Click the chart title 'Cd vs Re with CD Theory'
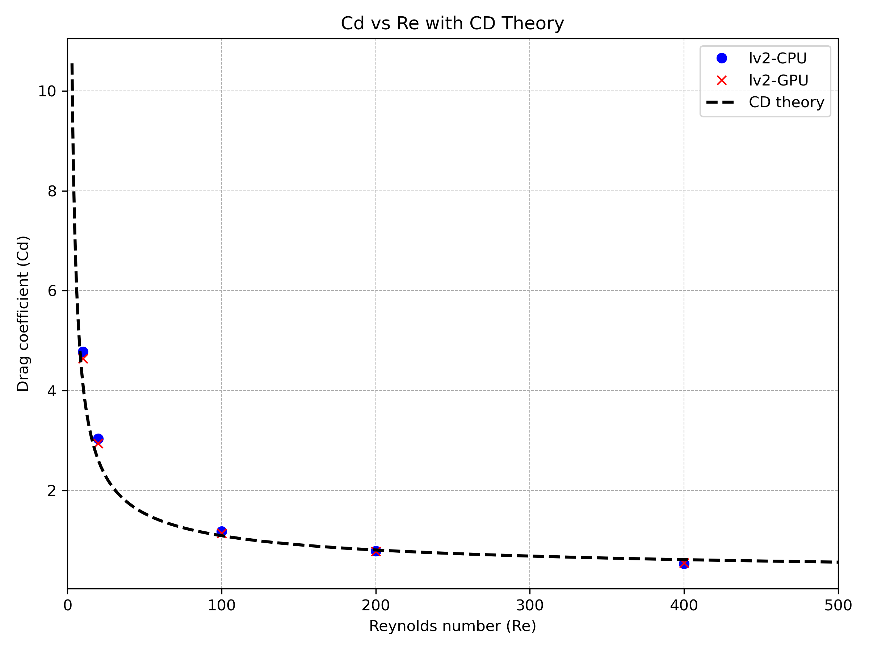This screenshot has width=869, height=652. click(x=452, y=23)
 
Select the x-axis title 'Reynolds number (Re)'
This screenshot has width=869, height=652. click(x=452, y=626)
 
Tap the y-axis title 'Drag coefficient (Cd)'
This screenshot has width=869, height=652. click(x=23, y=314)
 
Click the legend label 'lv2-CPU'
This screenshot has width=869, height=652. click(x=777, y=59)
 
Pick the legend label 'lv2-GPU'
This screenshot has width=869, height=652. click(x=778, y=80)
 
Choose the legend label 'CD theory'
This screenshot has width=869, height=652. click(x=786, y=102)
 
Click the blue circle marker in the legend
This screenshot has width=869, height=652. click(x=722, y=59)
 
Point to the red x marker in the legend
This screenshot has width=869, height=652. click(x=722, y=80)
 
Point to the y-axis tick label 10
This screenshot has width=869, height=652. click(x=47, y=92)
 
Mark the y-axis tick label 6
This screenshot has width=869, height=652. click(x=52, y=291)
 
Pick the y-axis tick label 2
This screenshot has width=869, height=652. click(x=52, y=491)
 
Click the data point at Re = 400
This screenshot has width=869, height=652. click(x=684, y=564)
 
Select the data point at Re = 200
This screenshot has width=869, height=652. click(x=376, y=551)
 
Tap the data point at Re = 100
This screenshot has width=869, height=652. click(x=222, y=532)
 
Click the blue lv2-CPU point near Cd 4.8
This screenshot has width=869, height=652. click(x=83, y=352)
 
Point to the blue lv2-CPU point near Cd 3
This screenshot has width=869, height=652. click(x=98, y=439)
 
